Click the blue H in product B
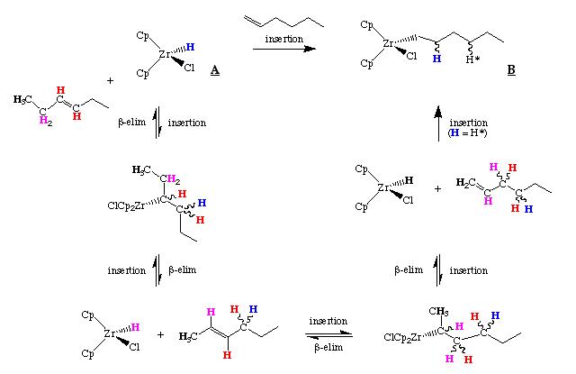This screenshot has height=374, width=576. click(436, 58)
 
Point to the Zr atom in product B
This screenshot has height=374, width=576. click(388, 42)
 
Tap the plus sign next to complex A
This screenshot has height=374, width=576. click(111, 81)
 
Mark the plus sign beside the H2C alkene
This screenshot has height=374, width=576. click(438, 189)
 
